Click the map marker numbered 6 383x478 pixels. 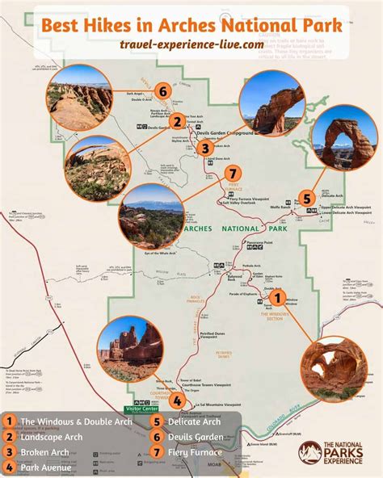click(163, 91)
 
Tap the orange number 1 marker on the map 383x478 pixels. click(280, 297)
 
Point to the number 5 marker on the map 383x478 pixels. click(307, 198)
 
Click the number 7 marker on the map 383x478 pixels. click(233, 174)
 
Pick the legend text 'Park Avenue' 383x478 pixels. click(46, 468)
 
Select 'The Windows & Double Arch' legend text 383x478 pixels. click(73, 421)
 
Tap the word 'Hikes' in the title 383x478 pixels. click(135, 25)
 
